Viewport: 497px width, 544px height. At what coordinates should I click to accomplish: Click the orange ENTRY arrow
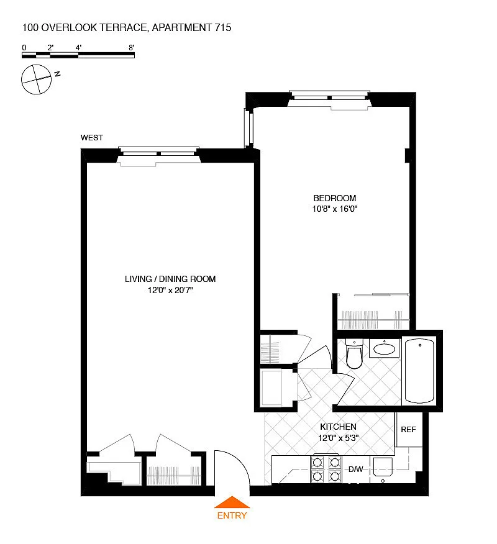[232, 502]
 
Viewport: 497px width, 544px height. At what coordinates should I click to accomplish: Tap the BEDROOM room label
[335, 198]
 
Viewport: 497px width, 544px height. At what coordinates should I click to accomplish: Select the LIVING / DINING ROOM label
[170, 279]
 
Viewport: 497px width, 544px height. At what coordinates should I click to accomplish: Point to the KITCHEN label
[338, 427]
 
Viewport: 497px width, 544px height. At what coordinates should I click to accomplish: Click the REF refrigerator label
[408, 430]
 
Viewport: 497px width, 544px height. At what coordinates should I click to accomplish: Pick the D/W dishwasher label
[356, 469]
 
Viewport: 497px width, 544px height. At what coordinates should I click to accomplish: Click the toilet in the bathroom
[354, 353]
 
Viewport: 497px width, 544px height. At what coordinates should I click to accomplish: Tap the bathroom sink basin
[384, 348]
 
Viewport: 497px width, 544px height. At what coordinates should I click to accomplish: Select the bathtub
[419, 371]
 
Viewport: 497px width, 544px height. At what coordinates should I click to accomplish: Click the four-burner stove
[326, 469]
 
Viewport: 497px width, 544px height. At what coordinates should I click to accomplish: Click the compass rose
[36, 79]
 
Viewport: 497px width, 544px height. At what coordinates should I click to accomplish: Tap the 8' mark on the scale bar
[132, 48]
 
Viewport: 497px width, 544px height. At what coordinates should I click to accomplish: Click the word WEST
[91, 138]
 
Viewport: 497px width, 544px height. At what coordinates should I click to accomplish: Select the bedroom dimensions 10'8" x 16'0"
[335, 209]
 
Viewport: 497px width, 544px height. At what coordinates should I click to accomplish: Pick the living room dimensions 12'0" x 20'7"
[170, 290]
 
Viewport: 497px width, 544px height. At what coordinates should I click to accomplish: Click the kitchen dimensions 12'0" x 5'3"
[339, 438]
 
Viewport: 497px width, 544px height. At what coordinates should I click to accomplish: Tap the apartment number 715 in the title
[223, 28]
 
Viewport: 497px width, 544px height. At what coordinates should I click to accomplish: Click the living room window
[158, 156]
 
